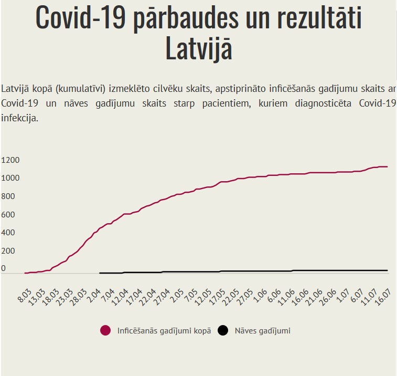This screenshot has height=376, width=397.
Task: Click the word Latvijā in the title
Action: point(199,49)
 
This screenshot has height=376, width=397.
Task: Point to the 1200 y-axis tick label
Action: point(10,160)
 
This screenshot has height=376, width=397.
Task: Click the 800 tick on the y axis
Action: point(7,196)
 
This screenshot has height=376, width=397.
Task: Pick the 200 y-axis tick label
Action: point(7,251)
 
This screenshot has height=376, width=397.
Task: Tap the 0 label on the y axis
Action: point(3,269)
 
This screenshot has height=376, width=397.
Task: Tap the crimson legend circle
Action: point(105,331)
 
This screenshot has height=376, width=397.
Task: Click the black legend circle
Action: point(223,331)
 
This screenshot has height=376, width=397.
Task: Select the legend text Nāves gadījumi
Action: point(262,331)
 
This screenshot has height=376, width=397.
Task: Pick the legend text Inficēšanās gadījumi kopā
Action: point(164,331)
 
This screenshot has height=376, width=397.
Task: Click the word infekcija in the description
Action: point(19,119)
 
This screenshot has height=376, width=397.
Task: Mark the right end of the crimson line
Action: point(387,167)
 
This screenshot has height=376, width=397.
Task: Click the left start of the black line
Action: point(100,273)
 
